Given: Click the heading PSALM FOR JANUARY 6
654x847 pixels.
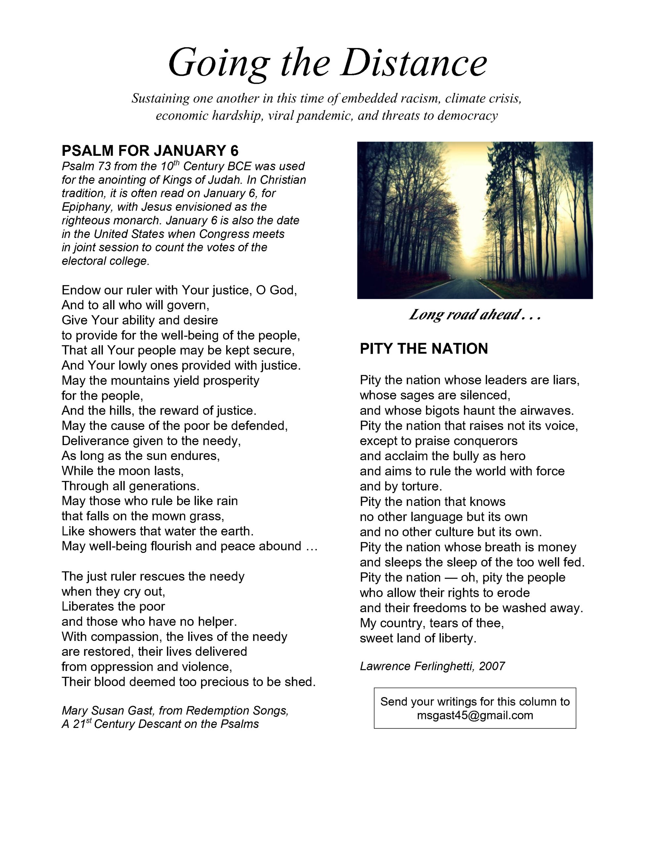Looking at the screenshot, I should click(150, 151).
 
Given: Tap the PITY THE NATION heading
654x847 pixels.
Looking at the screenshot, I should click(424, 349).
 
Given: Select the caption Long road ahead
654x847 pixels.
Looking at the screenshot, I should click(474, 315).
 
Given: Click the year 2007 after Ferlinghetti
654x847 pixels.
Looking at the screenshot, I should click(492, 666).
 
